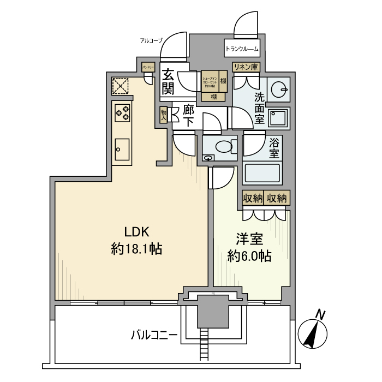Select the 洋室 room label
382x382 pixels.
249,238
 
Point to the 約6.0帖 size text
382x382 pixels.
250,256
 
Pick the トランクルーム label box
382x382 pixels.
242,49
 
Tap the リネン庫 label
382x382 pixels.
246,67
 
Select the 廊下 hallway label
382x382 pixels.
188,116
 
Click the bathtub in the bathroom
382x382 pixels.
261,173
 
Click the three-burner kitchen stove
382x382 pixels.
122,113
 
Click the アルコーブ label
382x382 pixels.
151,40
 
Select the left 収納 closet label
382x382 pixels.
253,198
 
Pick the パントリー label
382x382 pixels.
148,67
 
